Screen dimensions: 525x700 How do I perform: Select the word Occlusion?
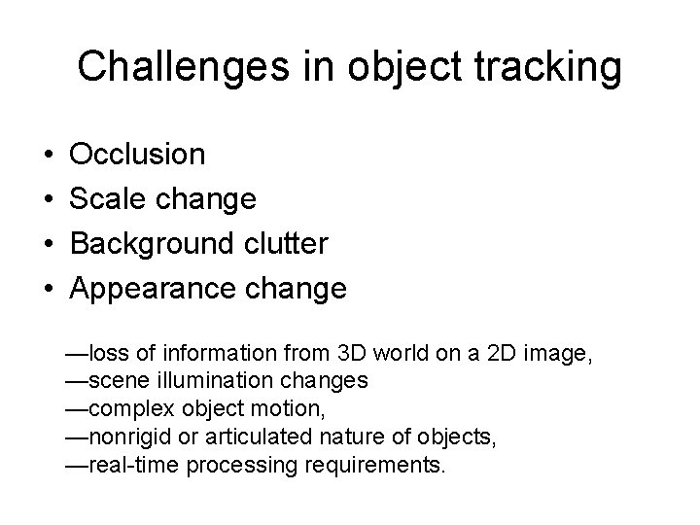(x=138, y=155)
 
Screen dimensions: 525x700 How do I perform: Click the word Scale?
(x=105, y=199)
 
